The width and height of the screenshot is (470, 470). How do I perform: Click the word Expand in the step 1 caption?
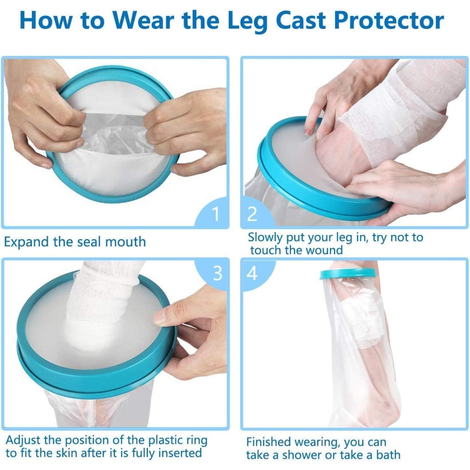pyautogui.click(x=26, y=242)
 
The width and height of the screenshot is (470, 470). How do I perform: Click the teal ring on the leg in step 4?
pyautogui.click(x=348, y=274)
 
